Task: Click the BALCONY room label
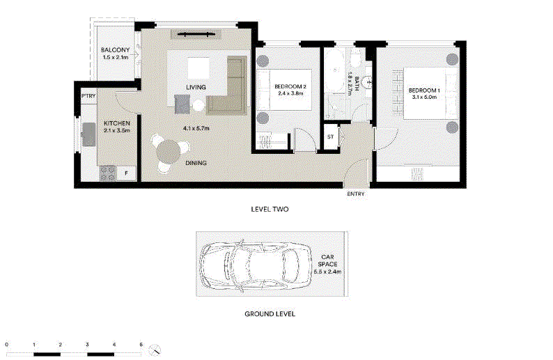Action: pos(116,50)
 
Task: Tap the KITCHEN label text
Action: pos(117,123)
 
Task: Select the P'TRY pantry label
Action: pos(88,96)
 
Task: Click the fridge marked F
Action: pos(126,173)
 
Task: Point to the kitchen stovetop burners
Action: pos(107,173)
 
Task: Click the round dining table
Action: pos(169,152)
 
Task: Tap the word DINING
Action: pos(196,163)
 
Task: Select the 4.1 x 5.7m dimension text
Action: pos(196,128)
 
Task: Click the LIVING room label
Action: pos(196,87)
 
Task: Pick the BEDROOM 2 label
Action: pos(290,86)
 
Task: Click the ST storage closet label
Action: pos(330,136)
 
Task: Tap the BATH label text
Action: pos(357,84)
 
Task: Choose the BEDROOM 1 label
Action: pos(424,91)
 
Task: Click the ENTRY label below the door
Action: pos(356,194)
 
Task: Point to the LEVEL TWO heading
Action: pos(270,209)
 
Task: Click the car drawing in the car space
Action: pos(256,265)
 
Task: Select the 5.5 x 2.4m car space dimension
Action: pos(327,272)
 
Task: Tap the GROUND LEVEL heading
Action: pos(270,314)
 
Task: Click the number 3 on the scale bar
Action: pos(87,345)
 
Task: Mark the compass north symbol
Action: pos(155,350)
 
